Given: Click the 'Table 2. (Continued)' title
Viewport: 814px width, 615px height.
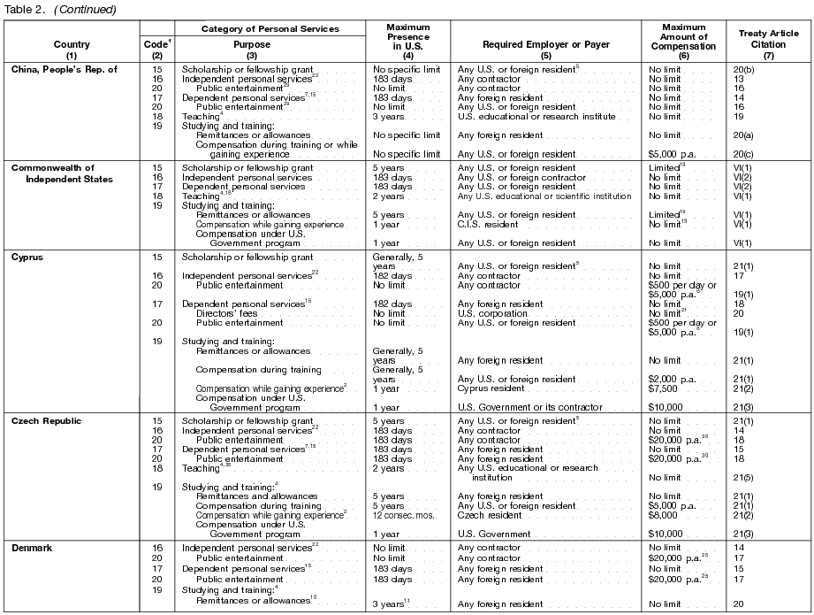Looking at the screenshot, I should click(x=59, y=9).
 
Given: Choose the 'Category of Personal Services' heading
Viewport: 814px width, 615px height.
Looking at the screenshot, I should click(x=270, y=29).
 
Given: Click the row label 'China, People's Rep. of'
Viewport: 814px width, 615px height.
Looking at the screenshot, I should click(x=64, y=69).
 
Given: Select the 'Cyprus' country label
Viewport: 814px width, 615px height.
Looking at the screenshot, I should click(x=28, y=258).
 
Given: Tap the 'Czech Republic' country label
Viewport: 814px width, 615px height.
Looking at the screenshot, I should click(x=46, y=421).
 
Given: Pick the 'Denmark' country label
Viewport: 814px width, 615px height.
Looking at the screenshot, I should click(x=32, y=549).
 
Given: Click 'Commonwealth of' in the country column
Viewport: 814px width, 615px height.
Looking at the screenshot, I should click(x=52, y=167).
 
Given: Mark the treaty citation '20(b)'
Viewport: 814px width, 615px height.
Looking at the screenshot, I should click(x=744, y=69).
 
